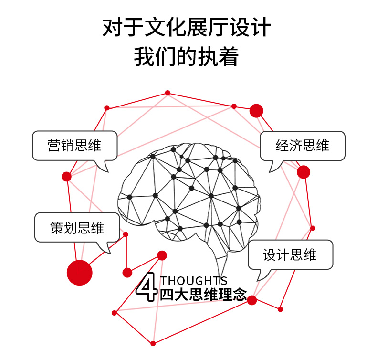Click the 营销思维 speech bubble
(74, 146)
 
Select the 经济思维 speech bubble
(302, 146)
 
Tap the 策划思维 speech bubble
(77, 227)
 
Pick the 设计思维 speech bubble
(290, 254)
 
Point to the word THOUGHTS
(194, 281)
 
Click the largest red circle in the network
(79, 273)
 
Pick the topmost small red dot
(168, 93)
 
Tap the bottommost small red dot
(153, 343)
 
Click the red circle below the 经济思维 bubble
(304, 172)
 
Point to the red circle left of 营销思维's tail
(66, 177)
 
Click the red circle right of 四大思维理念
(252, 300)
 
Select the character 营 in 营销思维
(54, 146)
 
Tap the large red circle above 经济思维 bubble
(256, 111)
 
